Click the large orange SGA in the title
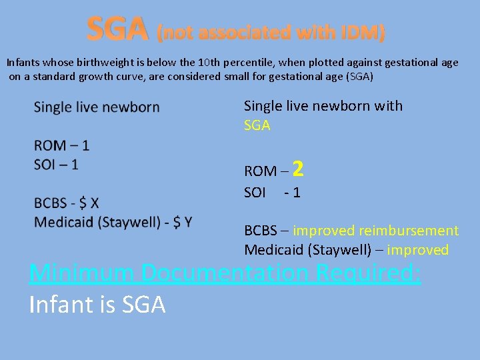coord(117,29)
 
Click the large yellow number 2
coord(298,169)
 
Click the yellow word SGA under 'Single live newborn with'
coord(257,125)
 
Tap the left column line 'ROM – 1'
coord(61,145)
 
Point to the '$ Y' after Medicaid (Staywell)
coord(181,221)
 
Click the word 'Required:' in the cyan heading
coord(371,273)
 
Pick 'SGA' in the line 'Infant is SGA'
coord(143,305)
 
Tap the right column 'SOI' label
coord(255,193)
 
